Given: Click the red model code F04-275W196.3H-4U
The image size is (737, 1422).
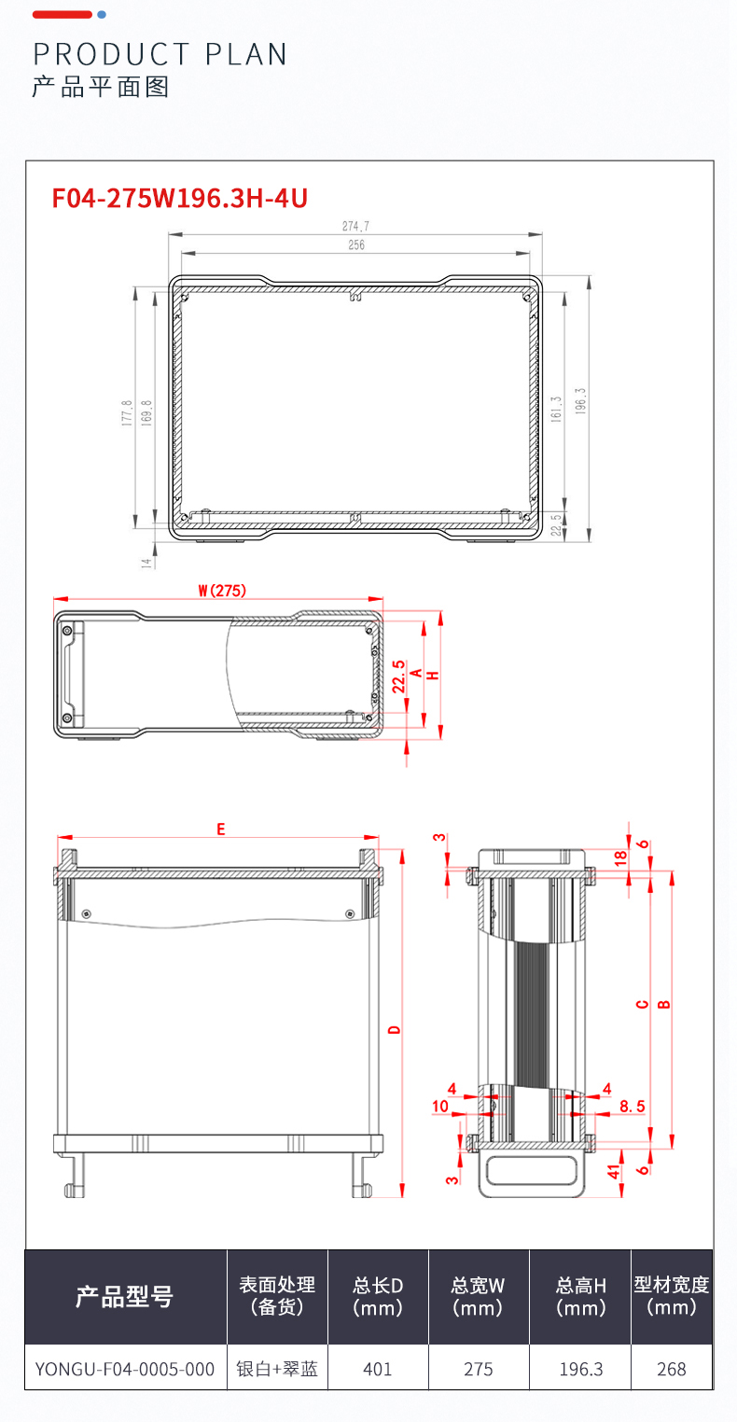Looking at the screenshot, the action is coord(180,198).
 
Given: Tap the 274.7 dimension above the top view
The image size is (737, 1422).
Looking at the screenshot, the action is coord(355,226).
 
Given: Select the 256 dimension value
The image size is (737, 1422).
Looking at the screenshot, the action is coord(356,244).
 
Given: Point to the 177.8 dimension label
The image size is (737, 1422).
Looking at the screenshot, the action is coord(127,412).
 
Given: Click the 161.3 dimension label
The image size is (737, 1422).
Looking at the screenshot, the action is coord(556,410).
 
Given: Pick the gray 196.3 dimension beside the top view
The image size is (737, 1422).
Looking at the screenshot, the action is coord(580,401).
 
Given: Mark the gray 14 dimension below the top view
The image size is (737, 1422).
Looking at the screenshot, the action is coord(146,563).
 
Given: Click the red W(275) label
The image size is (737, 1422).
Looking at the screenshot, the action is coord(221,591).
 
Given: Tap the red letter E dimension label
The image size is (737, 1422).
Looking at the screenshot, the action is coord(221,829).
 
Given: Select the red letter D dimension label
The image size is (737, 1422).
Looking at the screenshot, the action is coord(395,1030).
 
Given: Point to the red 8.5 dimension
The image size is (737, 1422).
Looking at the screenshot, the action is coord(633,1107).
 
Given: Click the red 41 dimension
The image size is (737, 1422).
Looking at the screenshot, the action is coord(613,1172).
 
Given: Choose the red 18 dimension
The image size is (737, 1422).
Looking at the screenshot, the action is coord(620,858).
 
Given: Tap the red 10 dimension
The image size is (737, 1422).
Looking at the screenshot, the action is coord(440,1107).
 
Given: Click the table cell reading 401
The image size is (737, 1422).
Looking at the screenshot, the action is coord(378,1369).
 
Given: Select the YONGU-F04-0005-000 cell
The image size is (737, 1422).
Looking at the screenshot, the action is coord(125,1369).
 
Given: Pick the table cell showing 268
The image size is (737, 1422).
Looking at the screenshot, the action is coord(672,1369).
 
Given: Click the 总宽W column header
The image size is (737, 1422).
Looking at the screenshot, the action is coord(478,1296).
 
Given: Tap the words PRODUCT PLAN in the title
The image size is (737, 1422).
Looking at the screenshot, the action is coord(160,55).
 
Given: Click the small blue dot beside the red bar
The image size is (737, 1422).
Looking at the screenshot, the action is coord(102,15).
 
